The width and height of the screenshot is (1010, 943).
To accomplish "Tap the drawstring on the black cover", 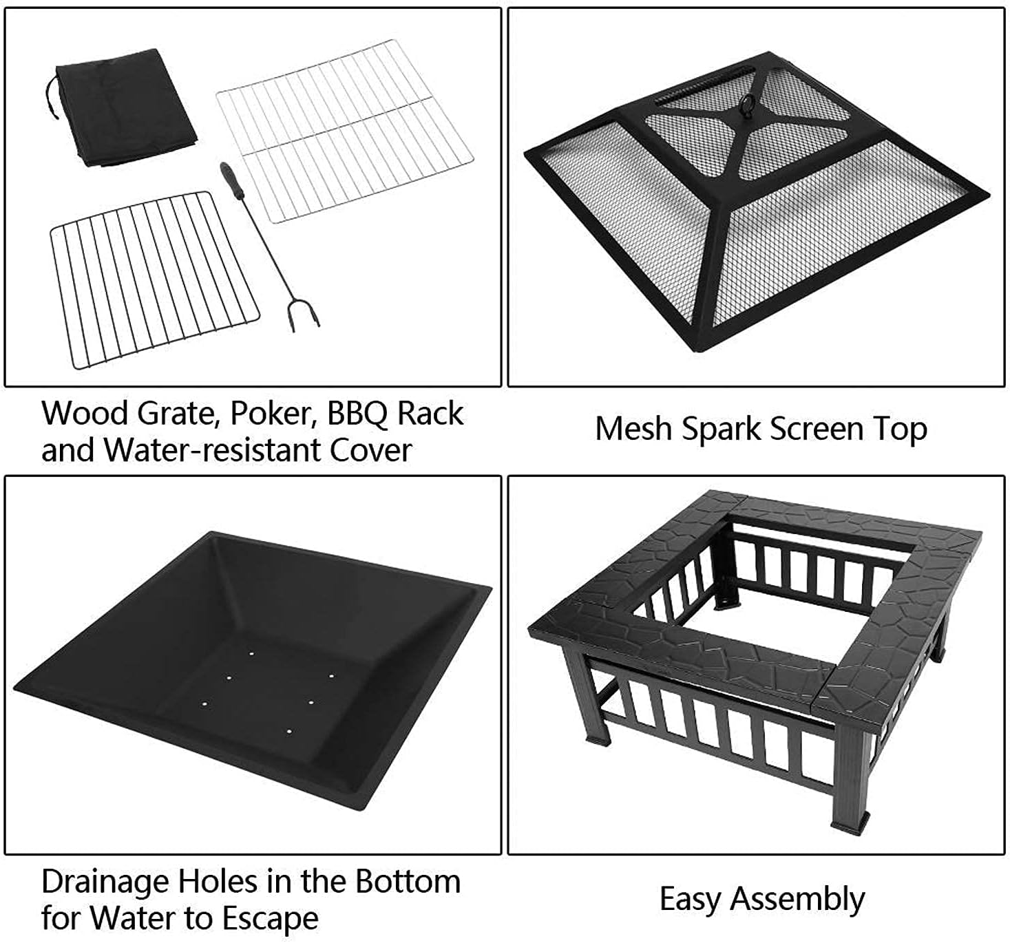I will point(50,97).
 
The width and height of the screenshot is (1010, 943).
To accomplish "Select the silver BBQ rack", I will point(344,131).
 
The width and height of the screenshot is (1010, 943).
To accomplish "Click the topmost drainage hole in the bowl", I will point(252,653).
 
